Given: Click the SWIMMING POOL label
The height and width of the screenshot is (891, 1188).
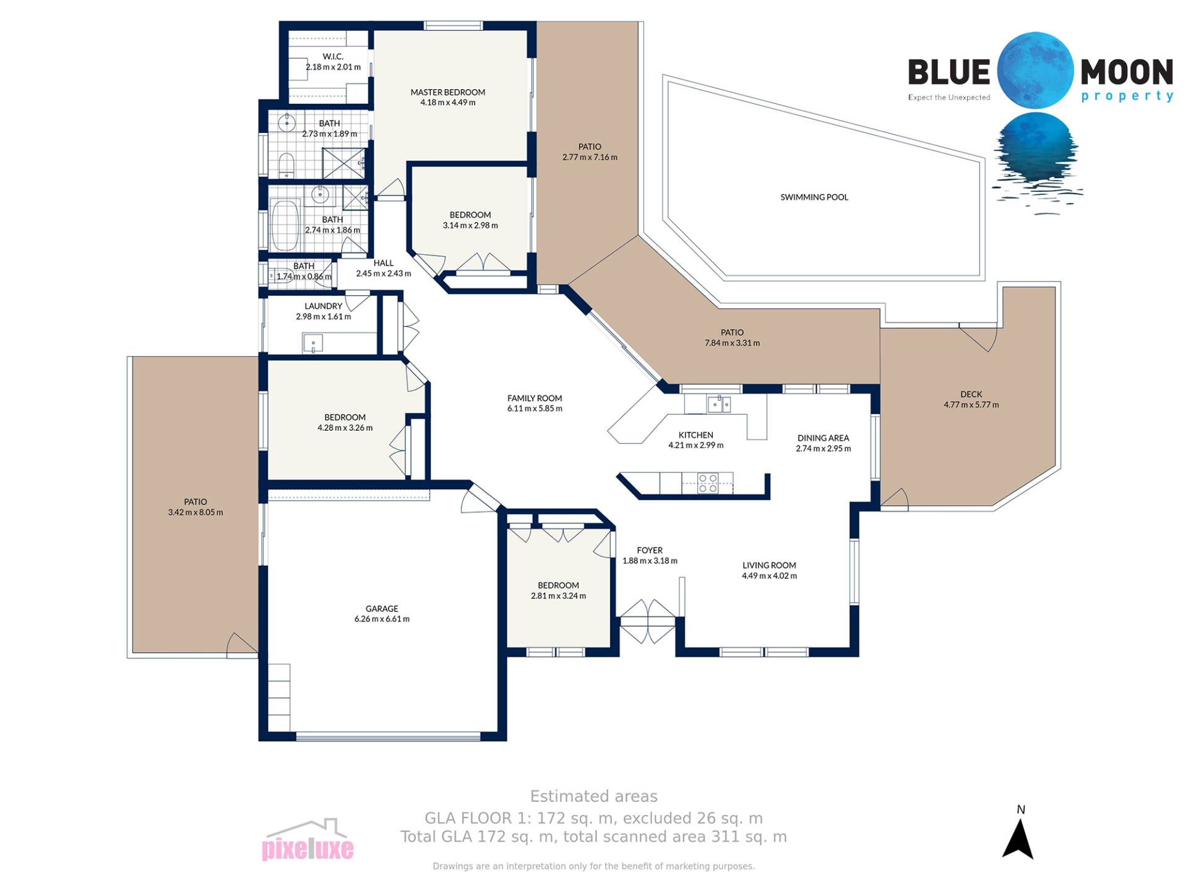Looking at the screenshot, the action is click(814, 197).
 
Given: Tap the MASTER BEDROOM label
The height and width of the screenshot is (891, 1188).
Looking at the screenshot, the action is click(448, 92).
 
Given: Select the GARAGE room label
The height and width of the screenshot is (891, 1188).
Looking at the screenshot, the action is click(382, 609).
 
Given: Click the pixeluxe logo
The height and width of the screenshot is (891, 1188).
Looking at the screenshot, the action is click(308, 840).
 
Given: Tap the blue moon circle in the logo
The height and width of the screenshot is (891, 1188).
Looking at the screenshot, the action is click(1035, 71).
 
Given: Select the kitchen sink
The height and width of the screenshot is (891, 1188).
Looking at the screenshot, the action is click(719, 404).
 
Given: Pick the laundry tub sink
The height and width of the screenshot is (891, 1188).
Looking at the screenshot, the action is click(312, 343).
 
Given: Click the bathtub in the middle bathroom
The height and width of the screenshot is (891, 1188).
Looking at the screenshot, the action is click(285, 225).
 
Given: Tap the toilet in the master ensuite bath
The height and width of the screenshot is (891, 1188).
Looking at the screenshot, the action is click(285, 163).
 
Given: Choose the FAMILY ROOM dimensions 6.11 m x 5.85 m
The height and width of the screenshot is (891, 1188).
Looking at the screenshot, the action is click(535, 408).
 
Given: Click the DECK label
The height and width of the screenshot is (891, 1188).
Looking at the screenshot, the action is click(971, 394).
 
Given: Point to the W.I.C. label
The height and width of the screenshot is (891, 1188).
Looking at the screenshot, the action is click(333, 57).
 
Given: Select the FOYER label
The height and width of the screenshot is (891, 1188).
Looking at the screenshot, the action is click(650, 550).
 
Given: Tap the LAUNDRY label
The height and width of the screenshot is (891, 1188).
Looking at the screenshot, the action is click(323, 306).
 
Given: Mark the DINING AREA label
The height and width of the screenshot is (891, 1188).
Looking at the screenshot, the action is click(823, 438).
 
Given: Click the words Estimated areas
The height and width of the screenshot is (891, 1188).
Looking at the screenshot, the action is click(594, 796).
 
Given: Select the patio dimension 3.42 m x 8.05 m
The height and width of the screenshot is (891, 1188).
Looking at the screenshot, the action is click(196, 512).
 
